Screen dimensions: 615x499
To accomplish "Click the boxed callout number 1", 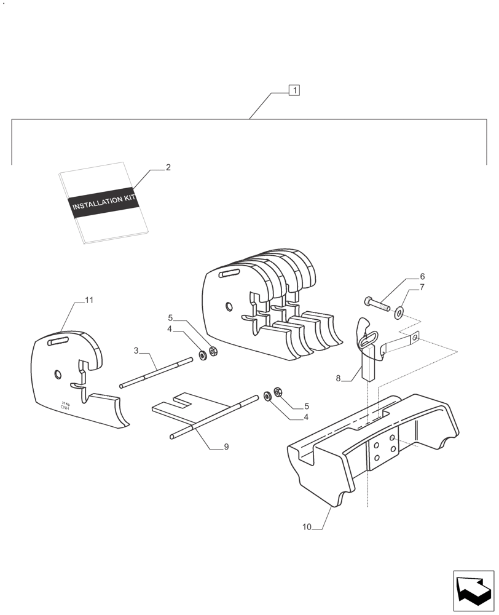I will coord(295,90).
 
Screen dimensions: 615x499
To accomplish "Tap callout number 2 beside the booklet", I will coord(168,167).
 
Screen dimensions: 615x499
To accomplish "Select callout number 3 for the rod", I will coord(136,351).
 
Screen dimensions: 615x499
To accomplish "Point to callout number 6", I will coord(422,277).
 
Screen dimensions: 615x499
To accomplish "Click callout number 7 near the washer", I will coord(422,287).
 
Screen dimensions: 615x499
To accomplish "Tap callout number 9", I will coord(226,447).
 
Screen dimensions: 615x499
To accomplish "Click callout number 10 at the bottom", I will coord(307,527).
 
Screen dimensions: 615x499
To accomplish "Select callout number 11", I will coord(89,300).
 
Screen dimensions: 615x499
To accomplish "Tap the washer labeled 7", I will coord(399,313).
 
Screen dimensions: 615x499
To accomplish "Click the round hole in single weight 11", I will coord(57,374).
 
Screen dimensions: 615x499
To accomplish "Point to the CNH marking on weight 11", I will coord(65,407).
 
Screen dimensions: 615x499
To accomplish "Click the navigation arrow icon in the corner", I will coord(473,591).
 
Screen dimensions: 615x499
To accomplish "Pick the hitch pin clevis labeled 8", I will coord(369,351).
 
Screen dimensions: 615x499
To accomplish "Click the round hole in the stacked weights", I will coord(229,306).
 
